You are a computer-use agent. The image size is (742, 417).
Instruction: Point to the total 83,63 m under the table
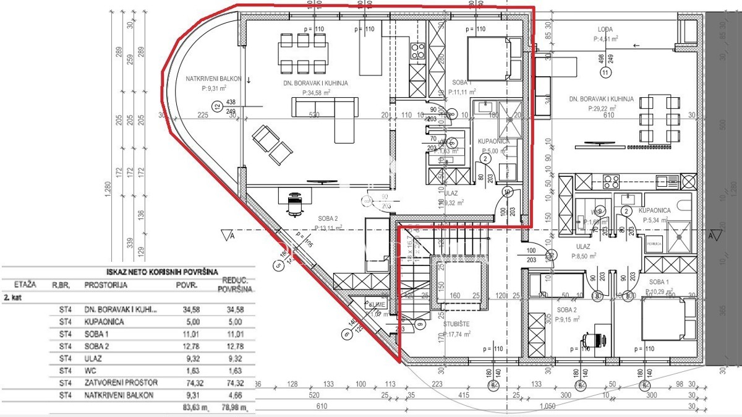tap(185, 408)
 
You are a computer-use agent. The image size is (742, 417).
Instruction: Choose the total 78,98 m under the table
tap(236, 408)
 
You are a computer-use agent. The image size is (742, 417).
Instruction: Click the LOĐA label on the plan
tap(605, 29)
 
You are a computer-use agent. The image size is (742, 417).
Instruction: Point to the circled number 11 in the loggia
tap(605, 72)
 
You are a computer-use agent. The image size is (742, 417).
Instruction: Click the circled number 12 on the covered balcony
tap(216, 106)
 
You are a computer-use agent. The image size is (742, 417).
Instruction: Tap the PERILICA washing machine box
tap(654, 244)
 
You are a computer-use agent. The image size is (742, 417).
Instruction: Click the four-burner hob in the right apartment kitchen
tap(611, 181)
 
